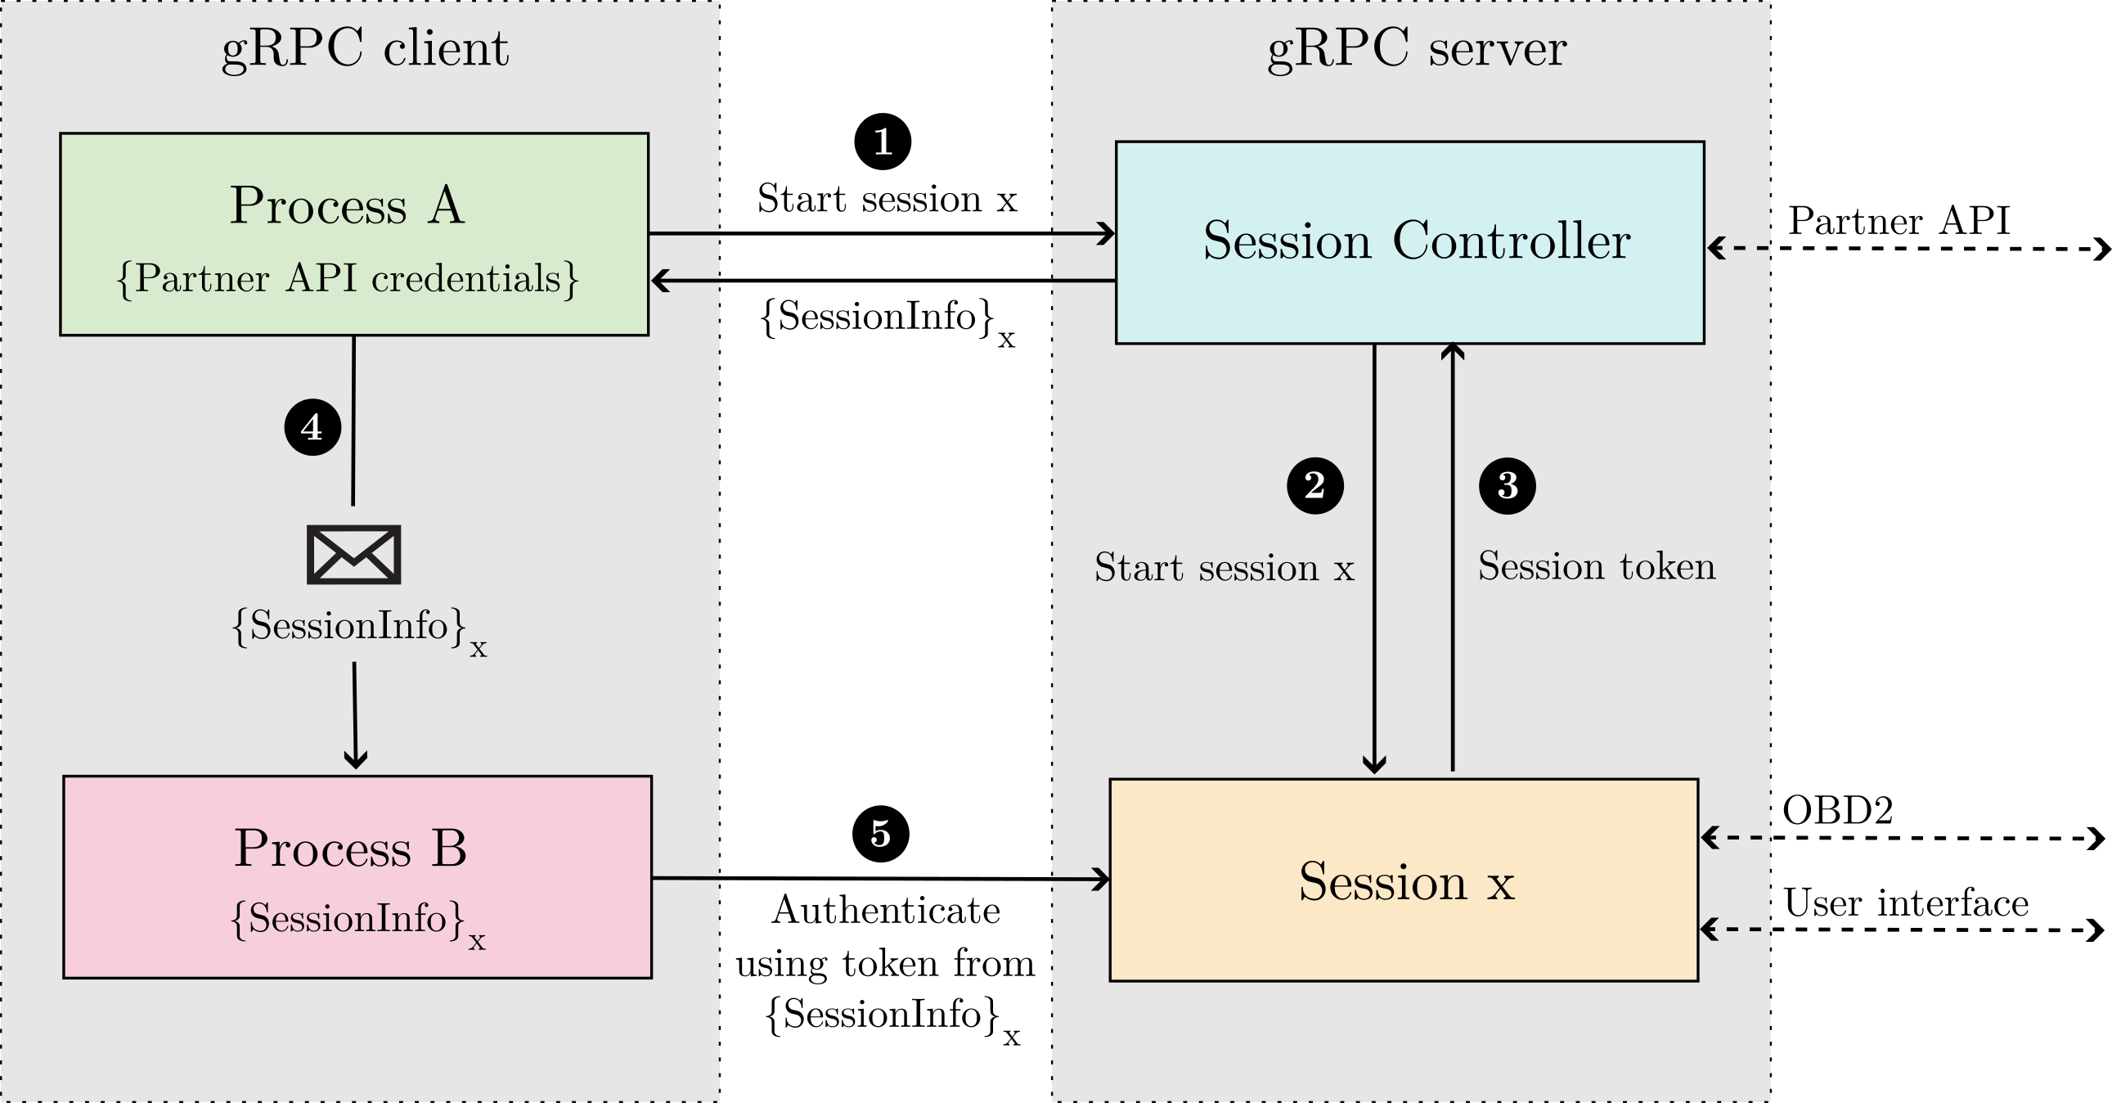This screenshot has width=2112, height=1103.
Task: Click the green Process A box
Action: pos(354,234)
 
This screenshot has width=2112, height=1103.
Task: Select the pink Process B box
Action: pos(357,876)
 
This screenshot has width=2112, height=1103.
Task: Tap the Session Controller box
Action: pos(1409,242)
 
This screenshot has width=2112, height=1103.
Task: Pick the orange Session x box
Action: pos(1403,879)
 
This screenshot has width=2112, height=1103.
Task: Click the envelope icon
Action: pos(353,556)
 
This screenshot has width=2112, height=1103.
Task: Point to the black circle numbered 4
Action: pos(312,427)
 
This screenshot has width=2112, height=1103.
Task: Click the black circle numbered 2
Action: pos(1314,485)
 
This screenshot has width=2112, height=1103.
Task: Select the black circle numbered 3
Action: pos(1507,485)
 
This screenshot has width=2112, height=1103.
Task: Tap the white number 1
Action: pos(883,142)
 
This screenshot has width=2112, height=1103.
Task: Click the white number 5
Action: pos(879,834)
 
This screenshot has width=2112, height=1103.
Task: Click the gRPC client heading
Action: pos(365,49)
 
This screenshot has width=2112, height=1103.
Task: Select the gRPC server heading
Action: pos(1416,49)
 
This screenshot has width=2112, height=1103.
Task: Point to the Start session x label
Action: pos(1223,568)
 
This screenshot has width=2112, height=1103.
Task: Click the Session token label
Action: pos(1596,567)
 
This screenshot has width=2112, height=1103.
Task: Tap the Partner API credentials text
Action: pos(348,279)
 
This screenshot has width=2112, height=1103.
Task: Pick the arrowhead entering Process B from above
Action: pos(355,759)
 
